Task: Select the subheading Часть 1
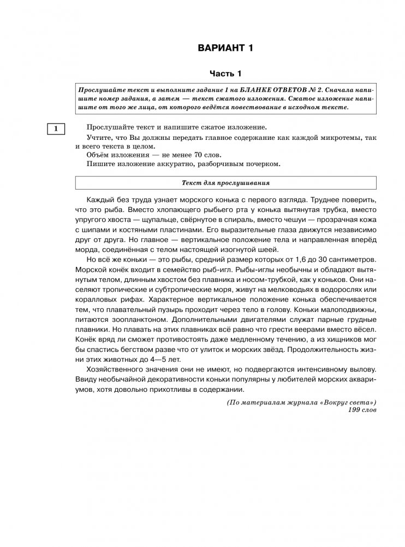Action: [x=225, y=73]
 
